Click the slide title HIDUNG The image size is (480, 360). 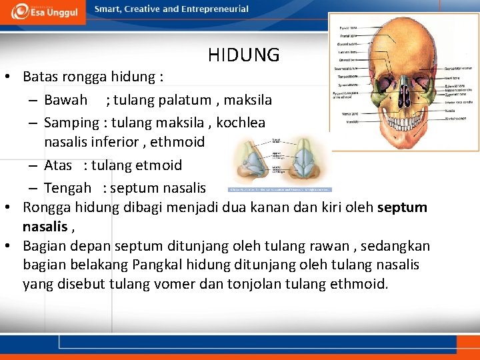(243, 55)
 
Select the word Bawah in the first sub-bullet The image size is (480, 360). (65, 100)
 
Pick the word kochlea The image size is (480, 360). (241, 123)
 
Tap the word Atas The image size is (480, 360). (58, 165)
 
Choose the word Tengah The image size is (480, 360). (67, 188)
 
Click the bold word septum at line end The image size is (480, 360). (402, 207)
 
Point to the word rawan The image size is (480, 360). (299, 246)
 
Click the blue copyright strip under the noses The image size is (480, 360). (279, 190)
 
